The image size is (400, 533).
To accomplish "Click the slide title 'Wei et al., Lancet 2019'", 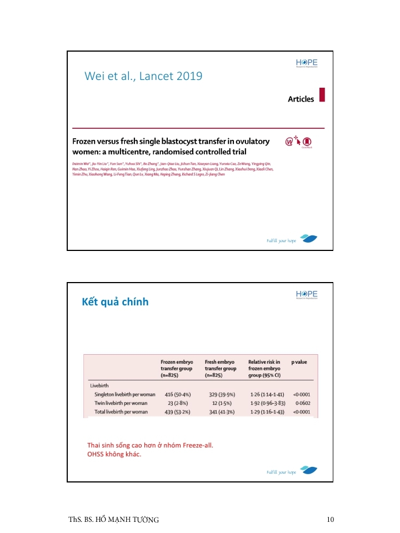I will [x=143, y=76].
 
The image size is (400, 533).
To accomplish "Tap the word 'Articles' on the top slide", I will [x=301, y=99].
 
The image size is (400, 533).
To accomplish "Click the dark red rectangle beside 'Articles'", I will [x=322, y=95].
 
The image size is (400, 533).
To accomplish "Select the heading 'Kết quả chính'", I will [x=115, y=302].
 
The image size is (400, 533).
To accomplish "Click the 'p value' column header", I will [x=299, y=362].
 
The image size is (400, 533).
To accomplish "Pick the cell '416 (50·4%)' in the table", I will [x=176, y=394].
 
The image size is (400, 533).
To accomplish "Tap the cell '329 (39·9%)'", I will [x=219, y=394].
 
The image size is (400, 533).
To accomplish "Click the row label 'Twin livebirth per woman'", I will [x=121, y=403].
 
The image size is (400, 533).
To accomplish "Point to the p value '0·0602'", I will [x=302, y=403].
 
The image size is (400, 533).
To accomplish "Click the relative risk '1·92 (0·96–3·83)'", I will [x=267, y=403].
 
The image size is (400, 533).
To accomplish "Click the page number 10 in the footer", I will [x=331, y=520].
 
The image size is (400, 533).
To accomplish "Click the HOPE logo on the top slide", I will [x=306, y=63].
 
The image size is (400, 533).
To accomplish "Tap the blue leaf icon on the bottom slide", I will [x=308, y=471].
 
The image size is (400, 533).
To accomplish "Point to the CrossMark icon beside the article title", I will [x=306, y=142].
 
